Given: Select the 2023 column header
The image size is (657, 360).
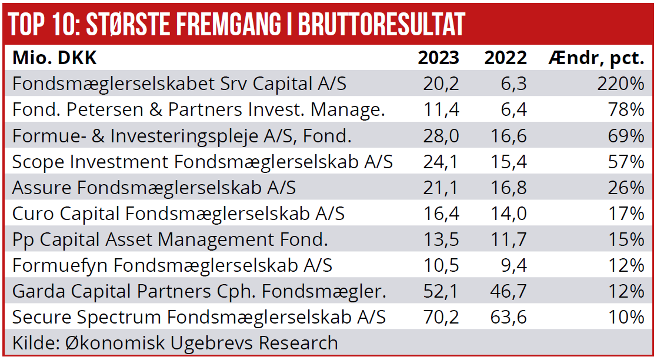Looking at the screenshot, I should [438, 58].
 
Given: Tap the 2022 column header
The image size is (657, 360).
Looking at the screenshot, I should [505, 58].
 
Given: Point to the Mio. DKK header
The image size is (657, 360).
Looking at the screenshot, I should [55, 58].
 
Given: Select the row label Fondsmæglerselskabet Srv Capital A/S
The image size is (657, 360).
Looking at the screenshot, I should [179, 84].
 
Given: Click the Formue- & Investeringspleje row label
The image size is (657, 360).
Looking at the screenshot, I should [182, 136].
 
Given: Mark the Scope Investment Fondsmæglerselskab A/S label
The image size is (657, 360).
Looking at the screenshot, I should [202, 162].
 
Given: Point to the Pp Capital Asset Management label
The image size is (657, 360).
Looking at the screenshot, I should [170, 239].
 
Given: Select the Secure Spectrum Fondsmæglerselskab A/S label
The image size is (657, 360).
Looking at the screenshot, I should [199, 317].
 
